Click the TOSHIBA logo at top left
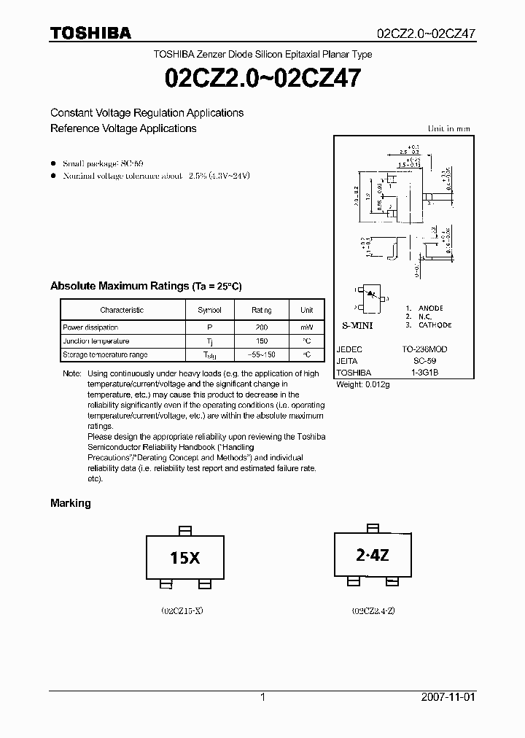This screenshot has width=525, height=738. [x=90, y=33]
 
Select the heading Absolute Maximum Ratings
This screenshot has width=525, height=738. [x=120, y=286]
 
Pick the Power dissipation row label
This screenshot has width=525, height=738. [x=90, y=327]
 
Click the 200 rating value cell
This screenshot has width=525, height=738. [x=262, y=327]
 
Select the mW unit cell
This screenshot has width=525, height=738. [x=306, y=327]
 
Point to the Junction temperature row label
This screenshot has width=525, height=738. [x=96, y=341]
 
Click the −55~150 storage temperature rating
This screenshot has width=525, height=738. [x=262, y=354]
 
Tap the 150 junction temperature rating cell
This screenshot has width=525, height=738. [x=262, y=341]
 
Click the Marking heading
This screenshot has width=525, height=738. [x=70, y=503]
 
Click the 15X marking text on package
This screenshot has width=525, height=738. [x=184, y=559]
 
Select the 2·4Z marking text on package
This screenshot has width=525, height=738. [x=373, y=556]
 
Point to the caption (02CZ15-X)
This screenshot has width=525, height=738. [x=182, y=610]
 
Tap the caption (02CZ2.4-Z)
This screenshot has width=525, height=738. [x=373, y=610]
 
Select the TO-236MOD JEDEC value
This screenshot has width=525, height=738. [x=424, y=349]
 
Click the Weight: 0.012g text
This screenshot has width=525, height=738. [x=362, y=384]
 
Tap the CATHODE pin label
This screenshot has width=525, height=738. [x=435, y=325]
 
